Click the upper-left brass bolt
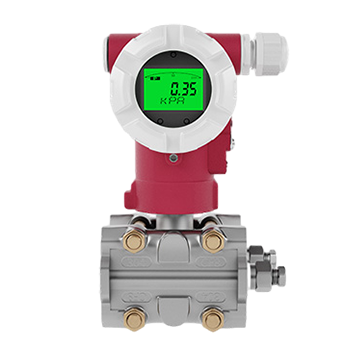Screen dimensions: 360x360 coord(133,241)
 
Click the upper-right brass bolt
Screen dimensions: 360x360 coord(212,241)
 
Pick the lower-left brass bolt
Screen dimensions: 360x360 coord(133,319)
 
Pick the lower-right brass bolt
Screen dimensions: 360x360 coord(212,319)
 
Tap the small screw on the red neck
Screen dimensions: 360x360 coord(173,157)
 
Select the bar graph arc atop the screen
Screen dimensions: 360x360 coord(171,75)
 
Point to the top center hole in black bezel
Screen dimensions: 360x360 coord(172,60)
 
